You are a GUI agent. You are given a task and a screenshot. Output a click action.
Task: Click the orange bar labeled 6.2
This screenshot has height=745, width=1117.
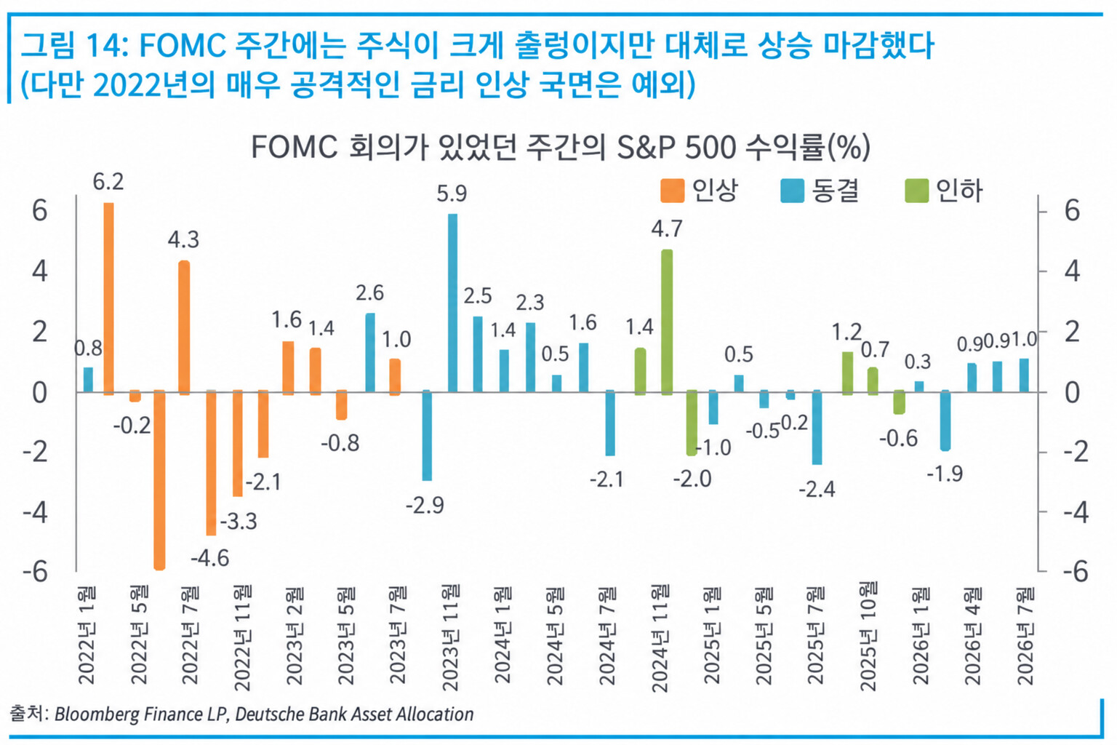click(108, 299)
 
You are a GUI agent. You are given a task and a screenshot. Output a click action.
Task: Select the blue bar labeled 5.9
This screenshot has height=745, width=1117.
click(453, 303)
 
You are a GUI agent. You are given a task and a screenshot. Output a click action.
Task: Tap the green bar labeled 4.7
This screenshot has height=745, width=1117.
click(667, 322)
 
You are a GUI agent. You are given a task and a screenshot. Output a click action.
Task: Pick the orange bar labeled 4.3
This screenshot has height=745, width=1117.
click(184, 328)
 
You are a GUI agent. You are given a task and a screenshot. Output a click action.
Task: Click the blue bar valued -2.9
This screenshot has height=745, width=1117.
click(427, 435)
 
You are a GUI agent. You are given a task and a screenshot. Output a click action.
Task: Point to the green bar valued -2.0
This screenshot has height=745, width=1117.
click(692, 423)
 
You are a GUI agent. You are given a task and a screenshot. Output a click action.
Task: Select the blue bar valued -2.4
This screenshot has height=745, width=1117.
click(817, 427)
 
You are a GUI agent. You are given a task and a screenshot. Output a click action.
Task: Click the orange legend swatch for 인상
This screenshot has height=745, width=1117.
click(672, 191)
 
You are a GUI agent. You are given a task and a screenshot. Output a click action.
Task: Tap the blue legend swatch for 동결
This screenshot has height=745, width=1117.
click(793, 191)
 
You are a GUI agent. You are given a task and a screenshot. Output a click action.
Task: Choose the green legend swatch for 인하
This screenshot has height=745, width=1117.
click(917, 191)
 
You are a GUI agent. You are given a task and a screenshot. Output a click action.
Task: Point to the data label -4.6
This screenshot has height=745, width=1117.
click(210, 558)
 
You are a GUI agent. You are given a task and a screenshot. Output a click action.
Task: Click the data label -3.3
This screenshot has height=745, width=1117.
click(239, 521)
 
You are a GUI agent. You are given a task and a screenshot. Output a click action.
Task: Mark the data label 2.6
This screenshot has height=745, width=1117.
click(369, 293)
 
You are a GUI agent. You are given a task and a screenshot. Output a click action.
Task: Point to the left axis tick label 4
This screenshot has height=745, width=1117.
click(40, 272)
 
